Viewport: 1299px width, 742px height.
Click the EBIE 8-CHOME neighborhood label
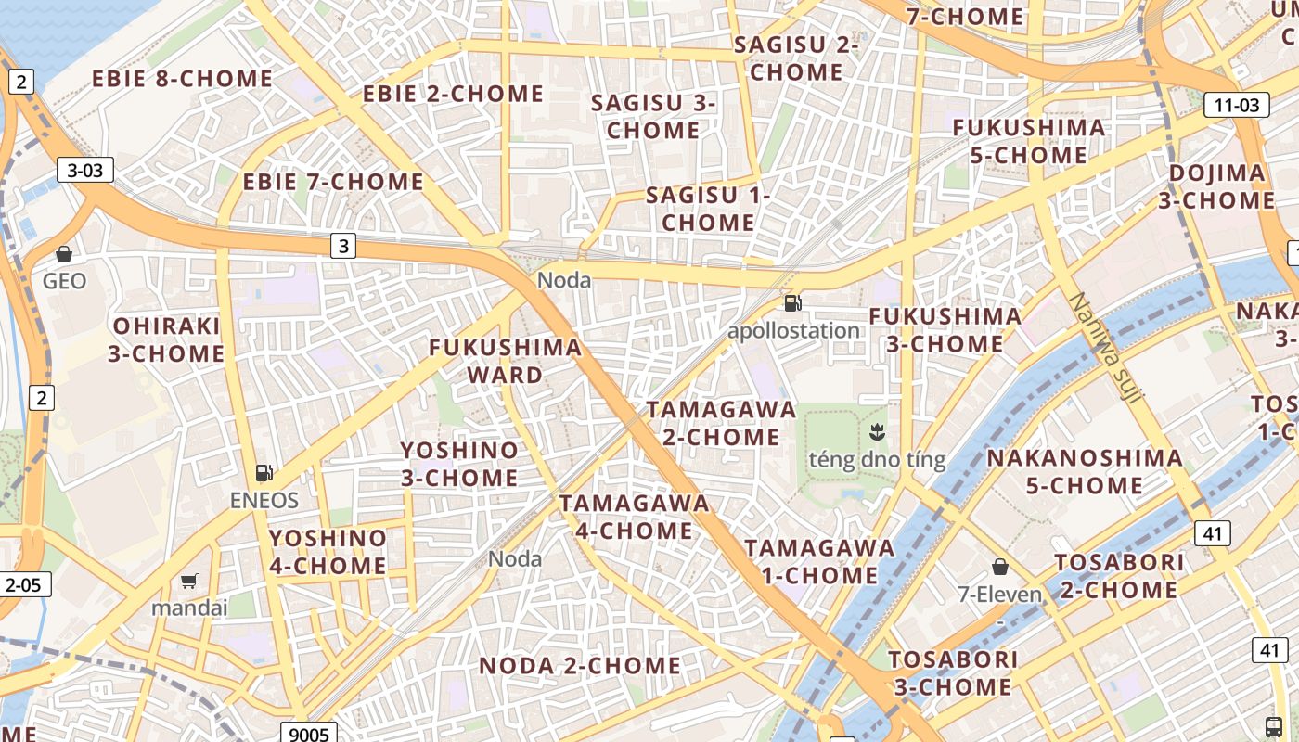pyautogui.click(x=182, y=79)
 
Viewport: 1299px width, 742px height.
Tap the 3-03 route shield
pyautogui.click(x=85, y=170)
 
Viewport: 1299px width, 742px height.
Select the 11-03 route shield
pyautogui.click(x=1237, y=105)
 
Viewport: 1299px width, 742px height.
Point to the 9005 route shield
pyautogui.click(x=309, y=734)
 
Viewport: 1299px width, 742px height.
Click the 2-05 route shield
pyautogui.click(x=23, y=584)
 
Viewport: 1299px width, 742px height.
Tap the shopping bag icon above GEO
pyautogui.click(x=64, y=253)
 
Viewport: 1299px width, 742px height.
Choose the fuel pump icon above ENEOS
pyautogui.click(x=264, y=473)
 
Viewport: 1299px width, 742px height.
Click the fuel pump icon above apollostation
pyautogui.click(x=792, y=302)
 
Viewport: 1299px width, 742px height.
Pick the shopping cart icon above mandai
pyautogui.click(x=189, y=582)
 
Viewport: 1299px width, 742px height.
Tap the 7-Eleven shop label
pyautogui.click(x=999, y=594)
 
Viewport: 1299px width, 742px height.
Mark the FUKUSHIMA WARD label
pyautogui.click(x=506, y=361)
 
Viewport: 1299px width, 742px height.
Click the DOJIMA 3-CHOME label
pyautogui.click(x=1216, y=186)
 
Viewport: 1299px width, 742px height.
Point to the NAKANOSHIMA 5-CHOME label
pyautogui.click(x=1085, y=471)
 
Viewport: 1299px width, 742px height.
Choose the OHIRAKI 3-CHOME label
pyautogui.click(x=167, y=339)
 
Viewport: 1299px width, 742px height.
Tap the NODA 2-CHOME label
pyautogui.click(x=580, y=666)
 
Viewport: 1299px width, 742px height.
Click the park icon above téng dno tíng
pyautogui.click(x=875, y=431)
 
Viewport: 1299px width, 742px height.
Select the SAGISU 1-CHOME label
pyautogui.click(x=708, y=209)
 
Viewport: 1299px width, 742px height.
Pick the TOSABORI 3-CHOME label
pyautogui.click(x=953, y=673)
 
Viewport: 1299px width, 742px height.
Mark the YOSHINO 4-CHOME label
pyautogui.click(x=328, y=552)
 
